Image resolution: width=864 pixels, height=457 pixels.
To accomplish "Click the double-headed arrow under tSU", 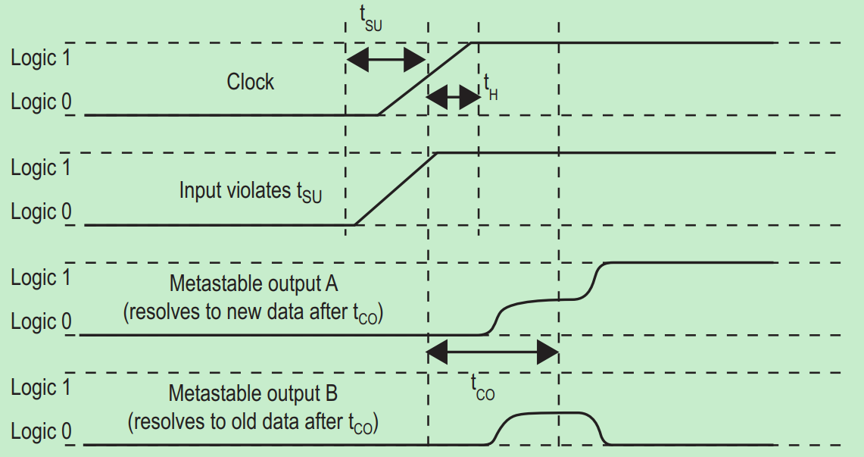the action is click(386, 59).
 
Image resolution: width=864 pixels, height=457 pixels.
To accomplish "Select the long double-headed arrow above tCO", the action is click(493, 352).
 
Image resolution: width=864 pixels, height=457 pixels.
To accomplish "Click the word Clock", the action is click(250, 82).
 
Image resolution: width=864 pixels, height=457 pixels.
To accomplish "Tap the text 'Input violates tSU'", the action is click(251, 191).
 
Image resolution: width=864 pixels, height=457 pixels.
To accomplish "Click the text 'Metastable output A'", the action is click(254, 284).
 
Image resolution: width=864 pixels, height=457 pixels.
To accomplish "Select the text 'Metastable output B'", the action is click(253, 394).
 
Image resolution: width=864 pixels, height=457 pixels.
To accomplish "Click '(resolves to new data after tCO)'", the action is click(254, 314).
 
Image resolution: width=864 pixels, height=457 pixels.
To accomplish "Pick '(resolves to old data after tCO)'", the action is click(254, 422).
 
